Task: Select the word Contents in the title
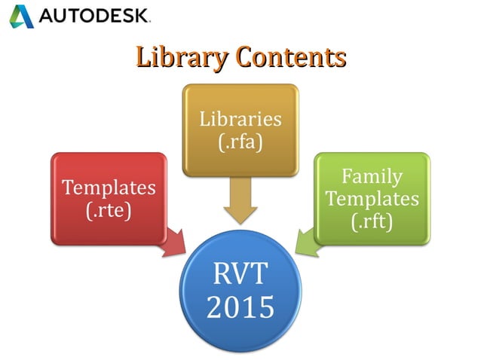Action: coord(290,57)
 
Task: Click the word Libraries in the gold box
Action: coord(240,119)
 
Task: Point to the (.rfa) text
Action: coord(240,141)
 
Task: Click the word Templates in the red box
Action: coord(109,187)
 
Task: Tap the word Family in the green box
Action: coord(372,177)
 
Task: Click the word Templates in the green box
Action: coord(372,199)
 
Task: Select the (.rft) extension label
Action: coord(372,221)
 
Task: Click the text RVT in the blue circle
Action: coord(240,273)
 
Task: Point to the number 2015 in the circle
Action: coord(240,307)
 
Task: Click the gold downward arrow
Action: coord(240,203)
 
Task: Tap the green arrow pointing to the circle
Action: coord(307,243)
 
